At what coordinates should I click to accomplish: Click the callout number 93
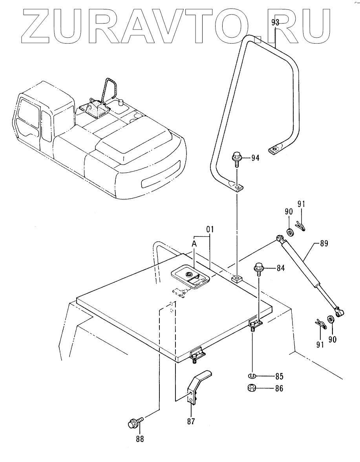[x=275, y=23]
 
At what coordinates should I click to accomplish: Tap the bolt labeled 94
[x=237, y=158]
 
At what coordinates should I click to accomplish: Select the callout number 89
[x=324, y=244]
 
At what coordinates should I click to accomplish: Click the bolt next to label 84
[x=259, y=268]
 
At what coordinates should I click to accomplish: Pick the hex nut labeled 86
[x=252, y=388]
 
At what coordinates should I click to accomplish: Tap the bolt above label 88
[x=133, y=424]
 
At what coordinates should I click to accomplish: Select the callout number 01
[x=210, y=228]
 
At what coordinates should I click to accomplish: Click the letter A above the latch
[x=194, y=243]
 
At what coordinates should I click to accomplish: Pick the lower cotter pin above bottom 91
[x=320, y=324]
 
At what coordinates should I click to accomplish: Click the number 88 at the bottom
[x=139, y=439]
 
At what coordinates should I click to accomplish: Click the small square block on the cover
[x=236, y=279]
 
